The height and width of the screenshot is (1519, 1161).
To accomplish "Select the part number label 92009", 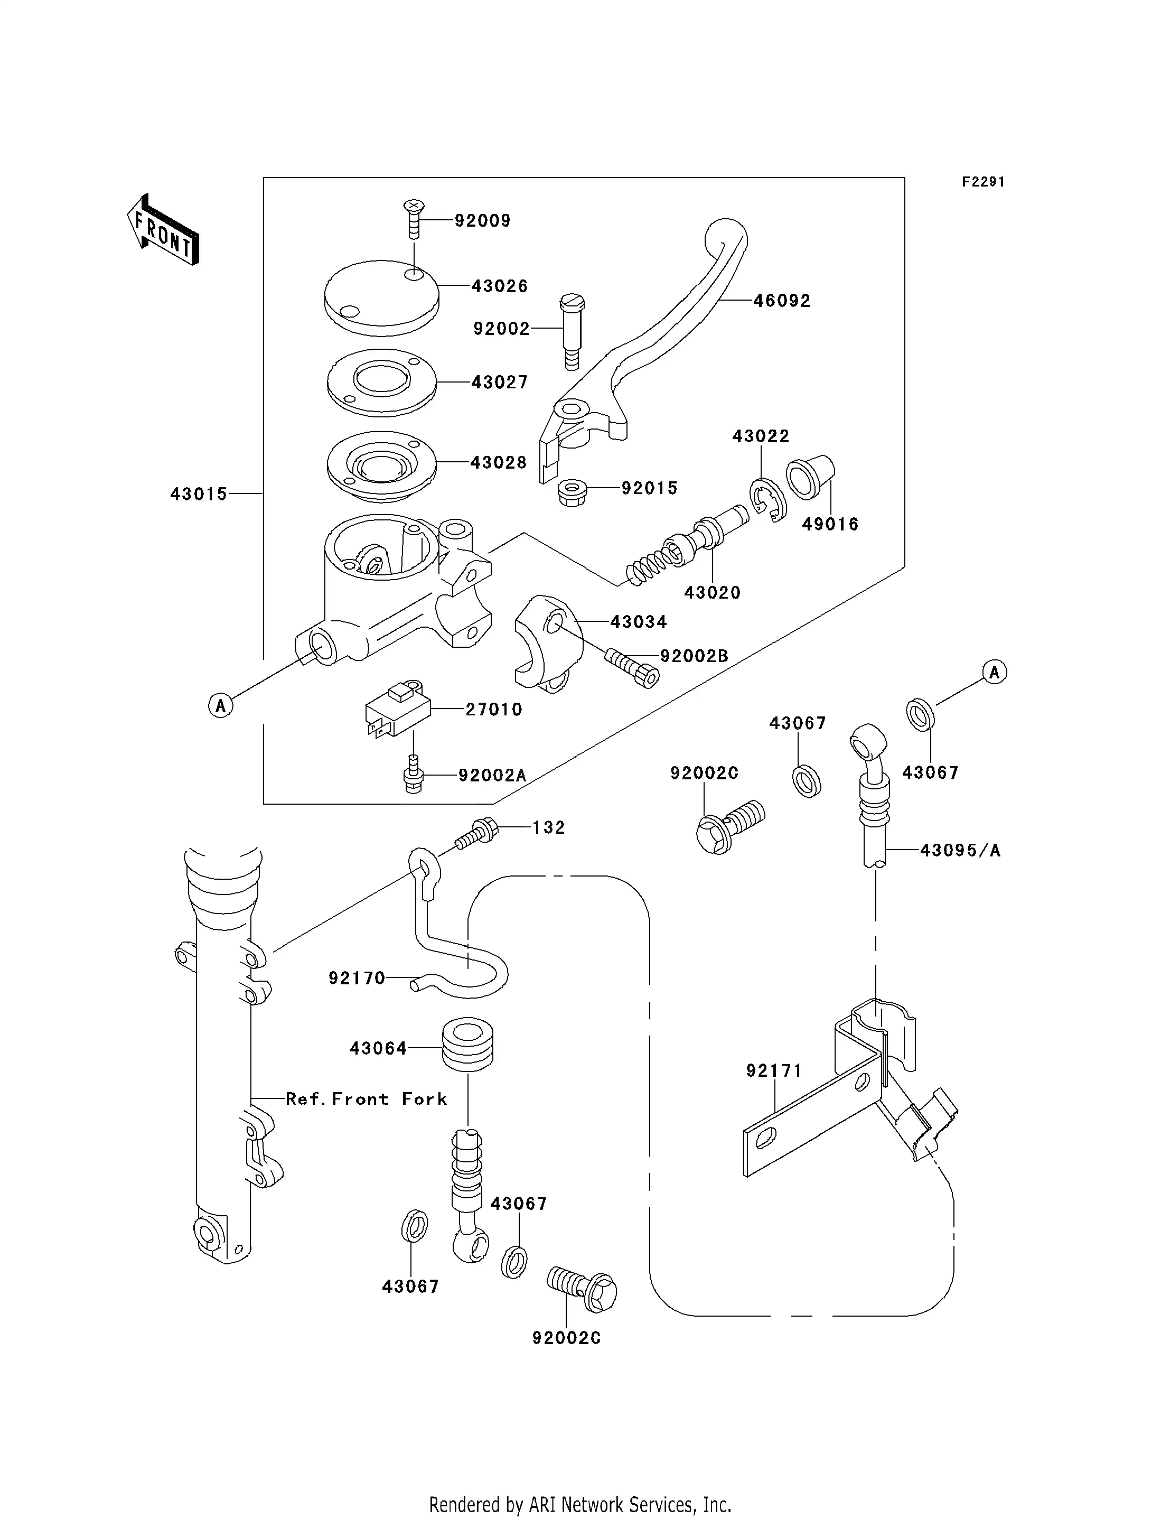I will click(x=482, y=221).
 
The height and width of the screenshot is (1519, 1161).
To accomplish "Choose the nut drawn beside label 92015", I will click(x=572, y=492).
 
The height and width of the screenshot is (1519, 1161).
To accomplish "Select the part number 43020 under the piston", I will click(x=713, y=592).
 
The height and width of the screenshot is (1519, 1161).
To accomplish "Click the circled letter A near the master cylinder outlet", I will click(x=220, y=705).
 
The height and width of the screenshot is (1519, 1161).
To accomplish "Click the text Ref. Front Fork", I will click(x=366, y=1099).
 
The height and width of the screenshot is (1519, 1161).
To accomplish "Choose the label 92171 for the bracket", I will click(x=774, y=1070).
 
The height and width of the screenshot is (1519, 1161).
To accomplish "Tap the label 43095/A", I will click(x=960, y=851).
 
